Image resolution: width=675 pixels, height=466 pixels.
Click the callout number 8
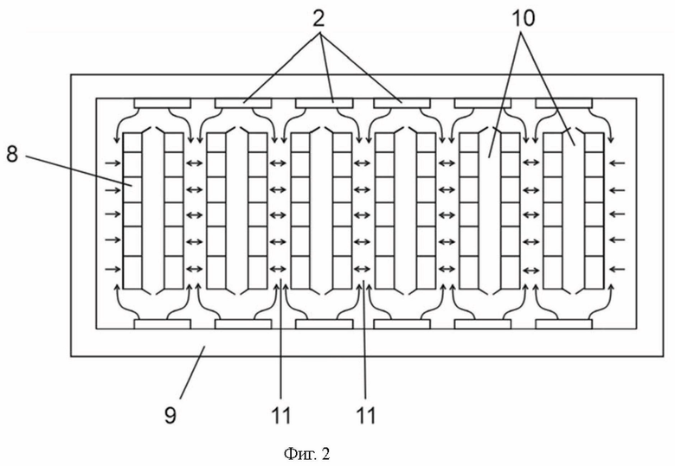point(12,154)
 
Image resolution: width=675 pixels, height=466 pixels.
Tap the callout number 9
point(170,415)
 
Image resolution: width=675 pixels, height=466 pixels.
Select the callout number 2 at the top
point(318,17)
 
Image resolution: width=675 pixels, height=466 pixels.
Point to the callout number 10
point(523,18)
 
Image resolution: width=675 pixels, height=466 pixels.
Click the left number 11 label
point(280,415)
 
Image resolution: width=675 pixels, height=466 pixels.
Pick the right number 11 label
point(365,415)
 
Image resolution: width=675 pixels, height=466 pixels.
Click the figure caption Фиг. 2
point(306,454)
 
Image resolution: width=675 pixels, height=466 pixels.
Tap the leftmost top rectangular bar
point(163,103)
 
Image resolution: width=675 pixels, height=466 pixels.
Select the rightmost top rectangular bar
point(564,103)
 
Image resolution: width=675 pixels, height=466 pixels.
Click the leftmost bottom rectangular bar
point(163,324)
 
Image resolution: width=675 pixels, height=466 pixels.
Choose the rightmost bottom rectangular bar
point(564,324)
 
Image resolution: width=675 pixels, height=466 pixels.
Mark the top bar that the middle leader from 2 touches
point(325,103)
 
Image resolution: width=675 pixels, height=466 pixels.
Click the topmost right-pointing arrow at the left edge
point(112,163)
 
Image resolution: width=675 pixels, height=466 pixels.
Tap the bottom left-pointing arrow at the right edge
point(618,270)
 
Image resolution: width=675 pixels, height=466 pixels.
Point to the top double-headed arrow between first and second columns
point(195,163)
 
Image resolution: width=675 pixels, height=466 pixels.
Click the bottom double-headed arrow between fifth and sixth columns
point(532,270)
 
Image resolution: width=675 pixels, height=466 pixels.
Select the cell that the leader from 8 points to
point(132,189)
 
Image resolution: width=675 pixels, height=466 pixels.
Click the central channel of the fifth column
point(490,211)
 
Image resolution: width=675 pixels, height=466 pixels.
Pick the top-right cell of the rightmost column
point(594,143)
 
